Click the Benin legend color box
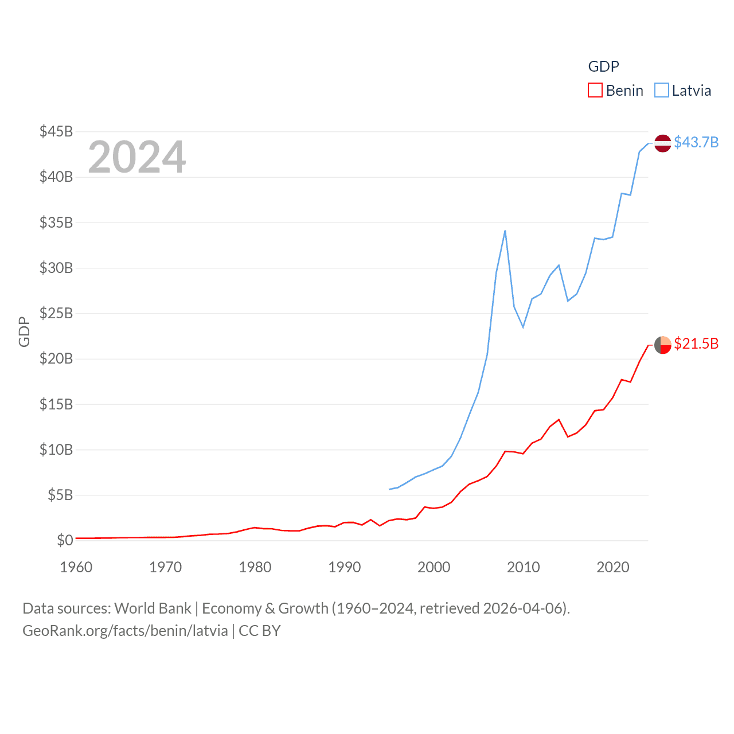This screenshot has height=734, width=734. tap(595, 91)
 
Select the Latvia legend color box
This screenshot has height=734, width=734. tap(662, 91)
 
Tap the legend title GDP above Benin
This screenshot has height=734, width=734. tap(603, 67)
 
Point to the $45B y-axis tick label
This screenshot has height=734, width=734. tap(56, 131)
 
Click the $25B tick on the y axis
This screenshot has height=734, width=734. tap(56, 313)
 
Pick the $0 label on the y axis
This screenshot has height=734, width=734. tap(65, 540)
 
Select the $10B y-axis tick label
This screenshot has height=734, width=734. tap(56, 450)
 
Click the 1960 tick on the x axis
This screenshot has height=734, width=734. tap(76, 567)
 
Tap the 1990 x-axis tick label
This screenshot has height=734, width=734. tap(345, 567)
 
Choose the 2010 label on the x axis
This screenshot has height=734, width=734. tap(524, 567)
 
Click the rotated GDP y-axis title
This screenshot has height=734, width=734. tap(24, 331)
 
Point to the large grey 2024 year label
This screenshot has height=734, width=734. tap(137, 157)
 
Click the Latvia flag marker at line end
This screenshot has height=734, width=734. tap(663, 143)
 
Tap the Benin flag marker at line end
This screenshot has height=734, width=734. tap(663, 345)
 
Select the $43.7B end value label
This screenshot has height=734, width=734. tap(696, 142)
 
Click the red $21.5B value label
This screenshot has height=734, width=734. tap(696, 343)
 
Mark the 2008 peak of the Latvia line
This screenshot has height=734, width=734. tap(505, 231)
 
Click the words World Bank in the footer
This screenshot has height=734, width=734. tap(153, 608)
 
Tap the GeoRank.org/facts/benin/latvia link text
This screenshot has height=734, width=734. tap(125, 631)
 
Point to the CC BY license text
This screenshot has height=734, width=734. tap(260, 631)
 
